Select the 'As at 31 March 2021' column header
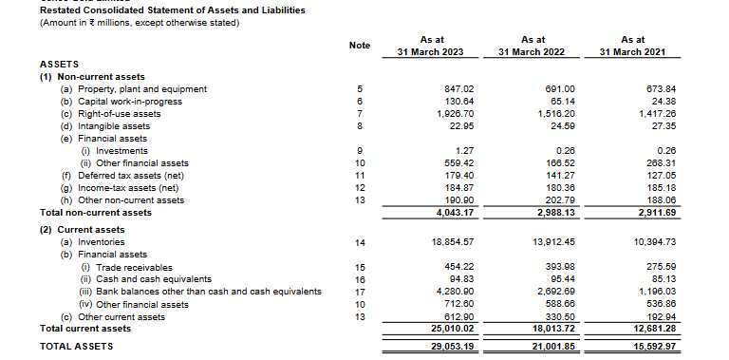(632, 46)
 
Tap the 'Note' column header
(360, 46)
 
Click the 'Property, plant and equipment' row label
(140, 88)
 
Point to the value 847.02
(458, 88)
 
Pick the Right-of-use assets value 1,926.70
(455, 113)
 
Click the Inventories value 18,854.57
(452, 243)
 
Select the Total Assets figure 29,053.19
(452, 346)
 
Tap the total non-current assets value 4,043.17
(455, 212)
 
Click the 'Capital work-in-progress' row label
(128, 101)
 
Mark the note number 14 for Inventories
(360, 243)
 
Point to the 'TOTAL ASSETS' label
(76, 346)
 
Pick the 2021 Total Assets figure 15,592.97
(654, 346)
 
